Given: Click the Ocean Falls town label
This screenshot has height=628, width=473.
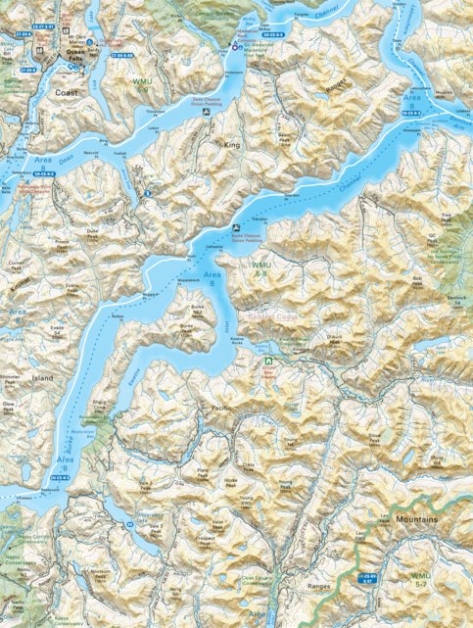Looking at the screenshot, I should pos(75,55).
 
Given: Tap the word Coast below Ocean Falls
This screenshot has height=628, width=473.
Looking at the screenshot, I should pos(68,94).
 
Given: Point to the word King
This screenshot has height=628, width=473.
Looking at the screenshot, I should pos(232,144).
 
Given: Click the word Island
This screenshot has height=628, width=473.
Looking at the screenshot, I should pos(43,376).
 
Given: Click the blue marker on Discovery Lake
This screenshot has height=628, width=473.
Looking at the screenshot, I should pos(128,526).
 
